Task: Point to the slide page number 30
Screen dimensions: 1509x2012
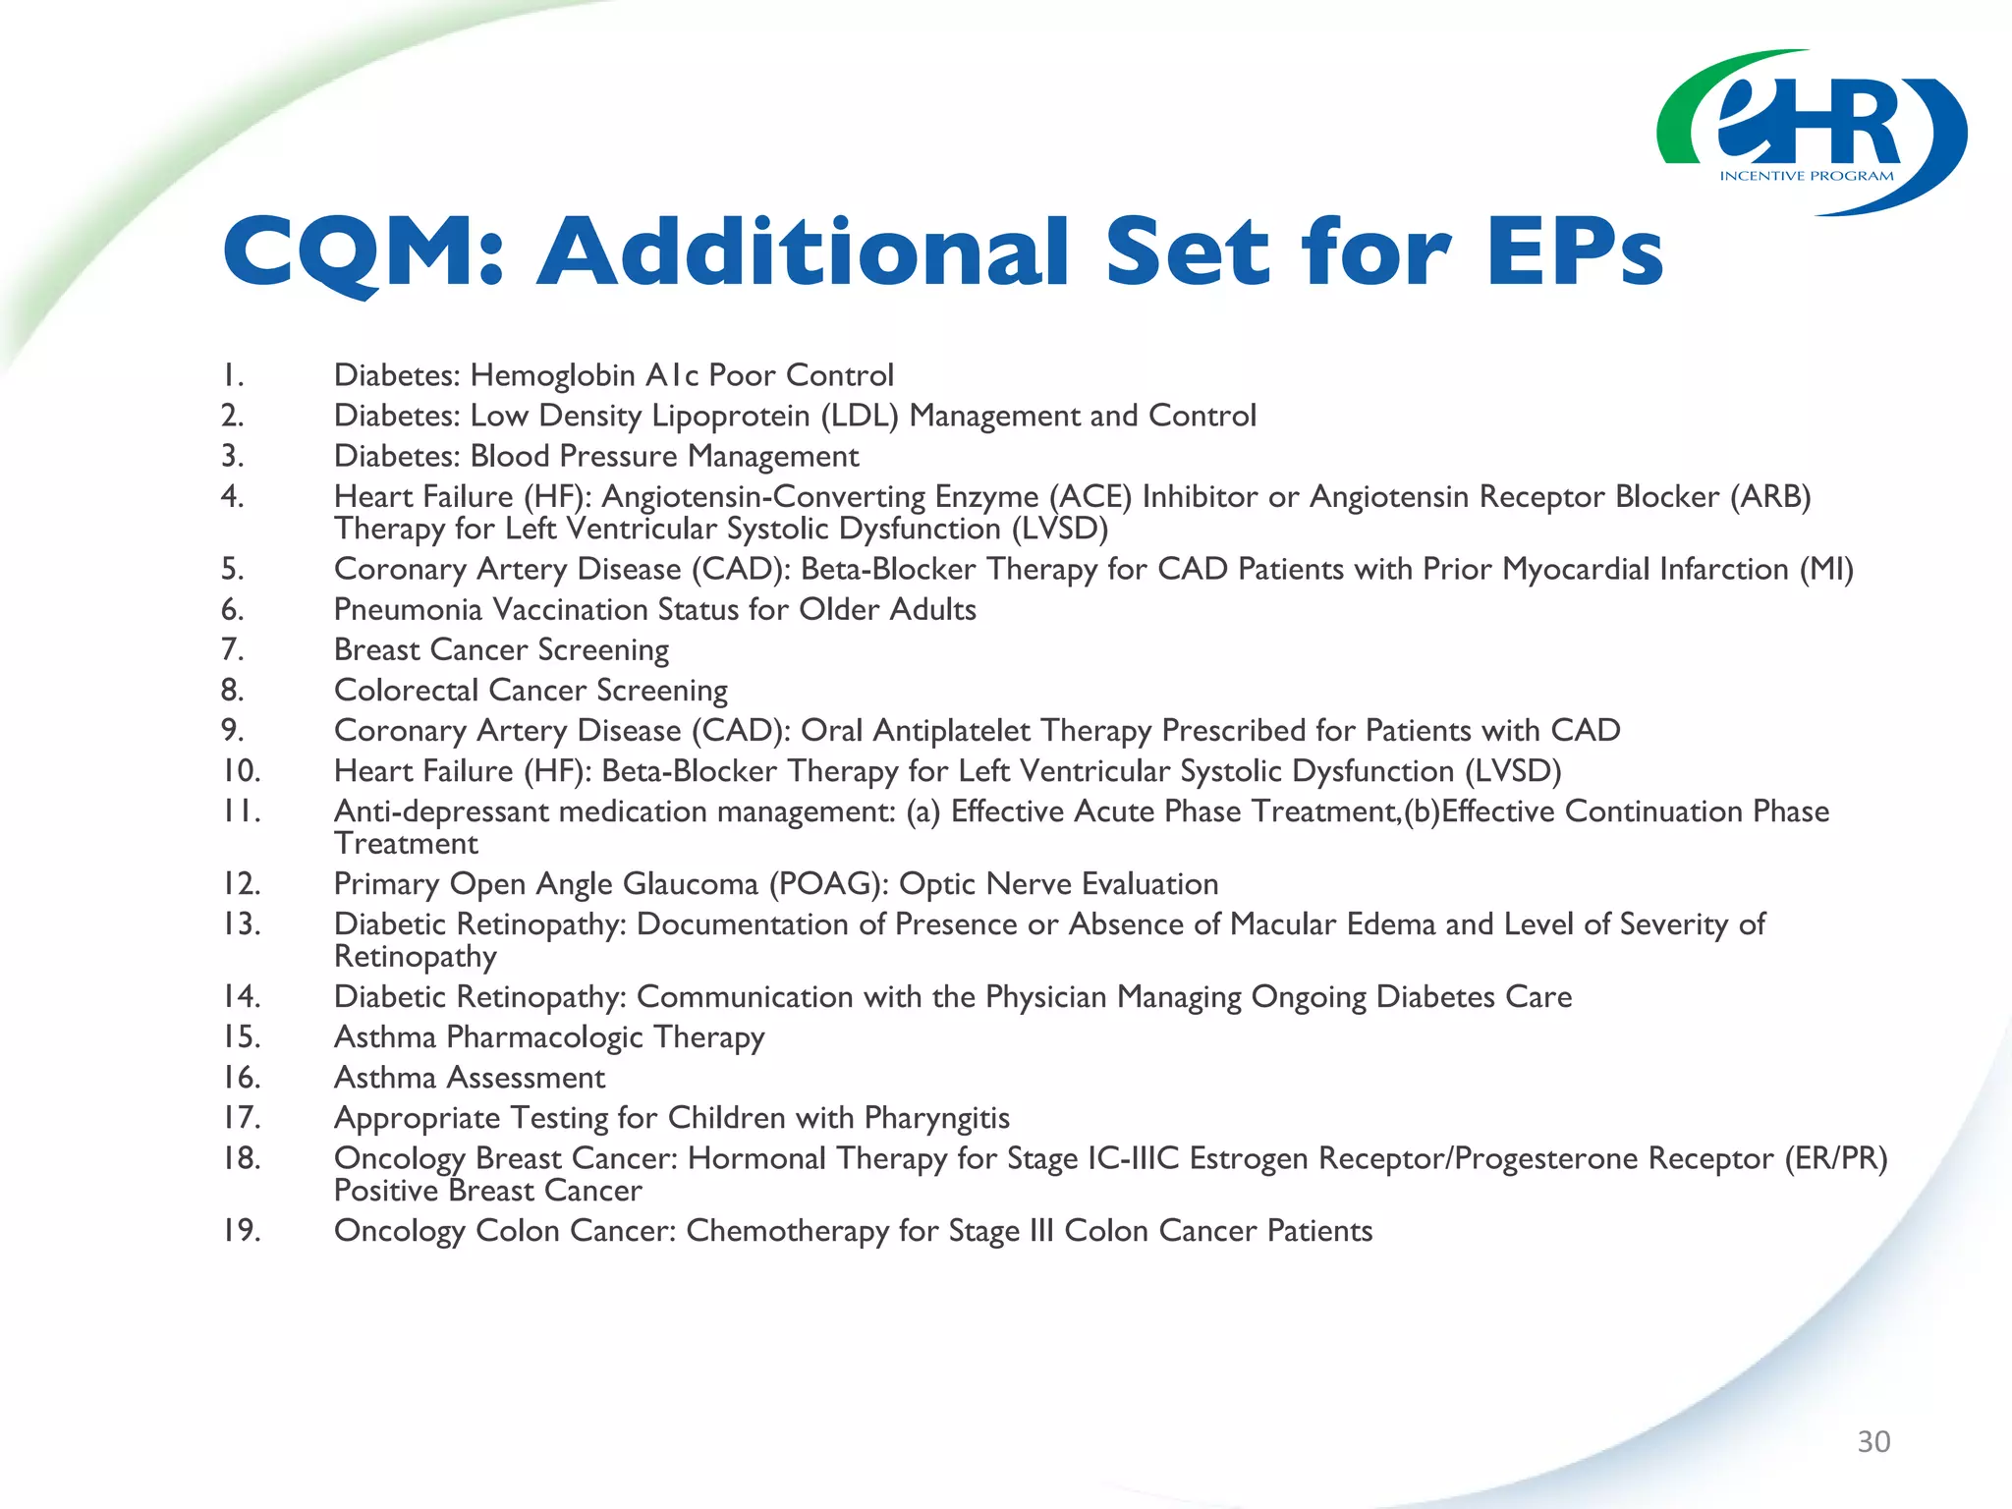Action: tap(1873, 1441)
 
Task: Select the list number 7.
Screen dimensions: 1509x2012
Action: tap(232, 650)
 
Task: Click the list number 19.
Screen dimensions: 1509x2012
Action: tap(241, 1231)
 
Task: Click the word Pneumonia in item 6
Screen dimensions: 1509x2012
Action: tap(408, 610)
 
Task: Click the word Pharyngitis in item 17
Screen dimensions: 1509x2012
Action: tap(936, 1118)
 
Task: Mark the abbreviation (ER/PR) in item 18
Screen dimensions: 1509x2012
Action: tap(1835, 1158)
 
